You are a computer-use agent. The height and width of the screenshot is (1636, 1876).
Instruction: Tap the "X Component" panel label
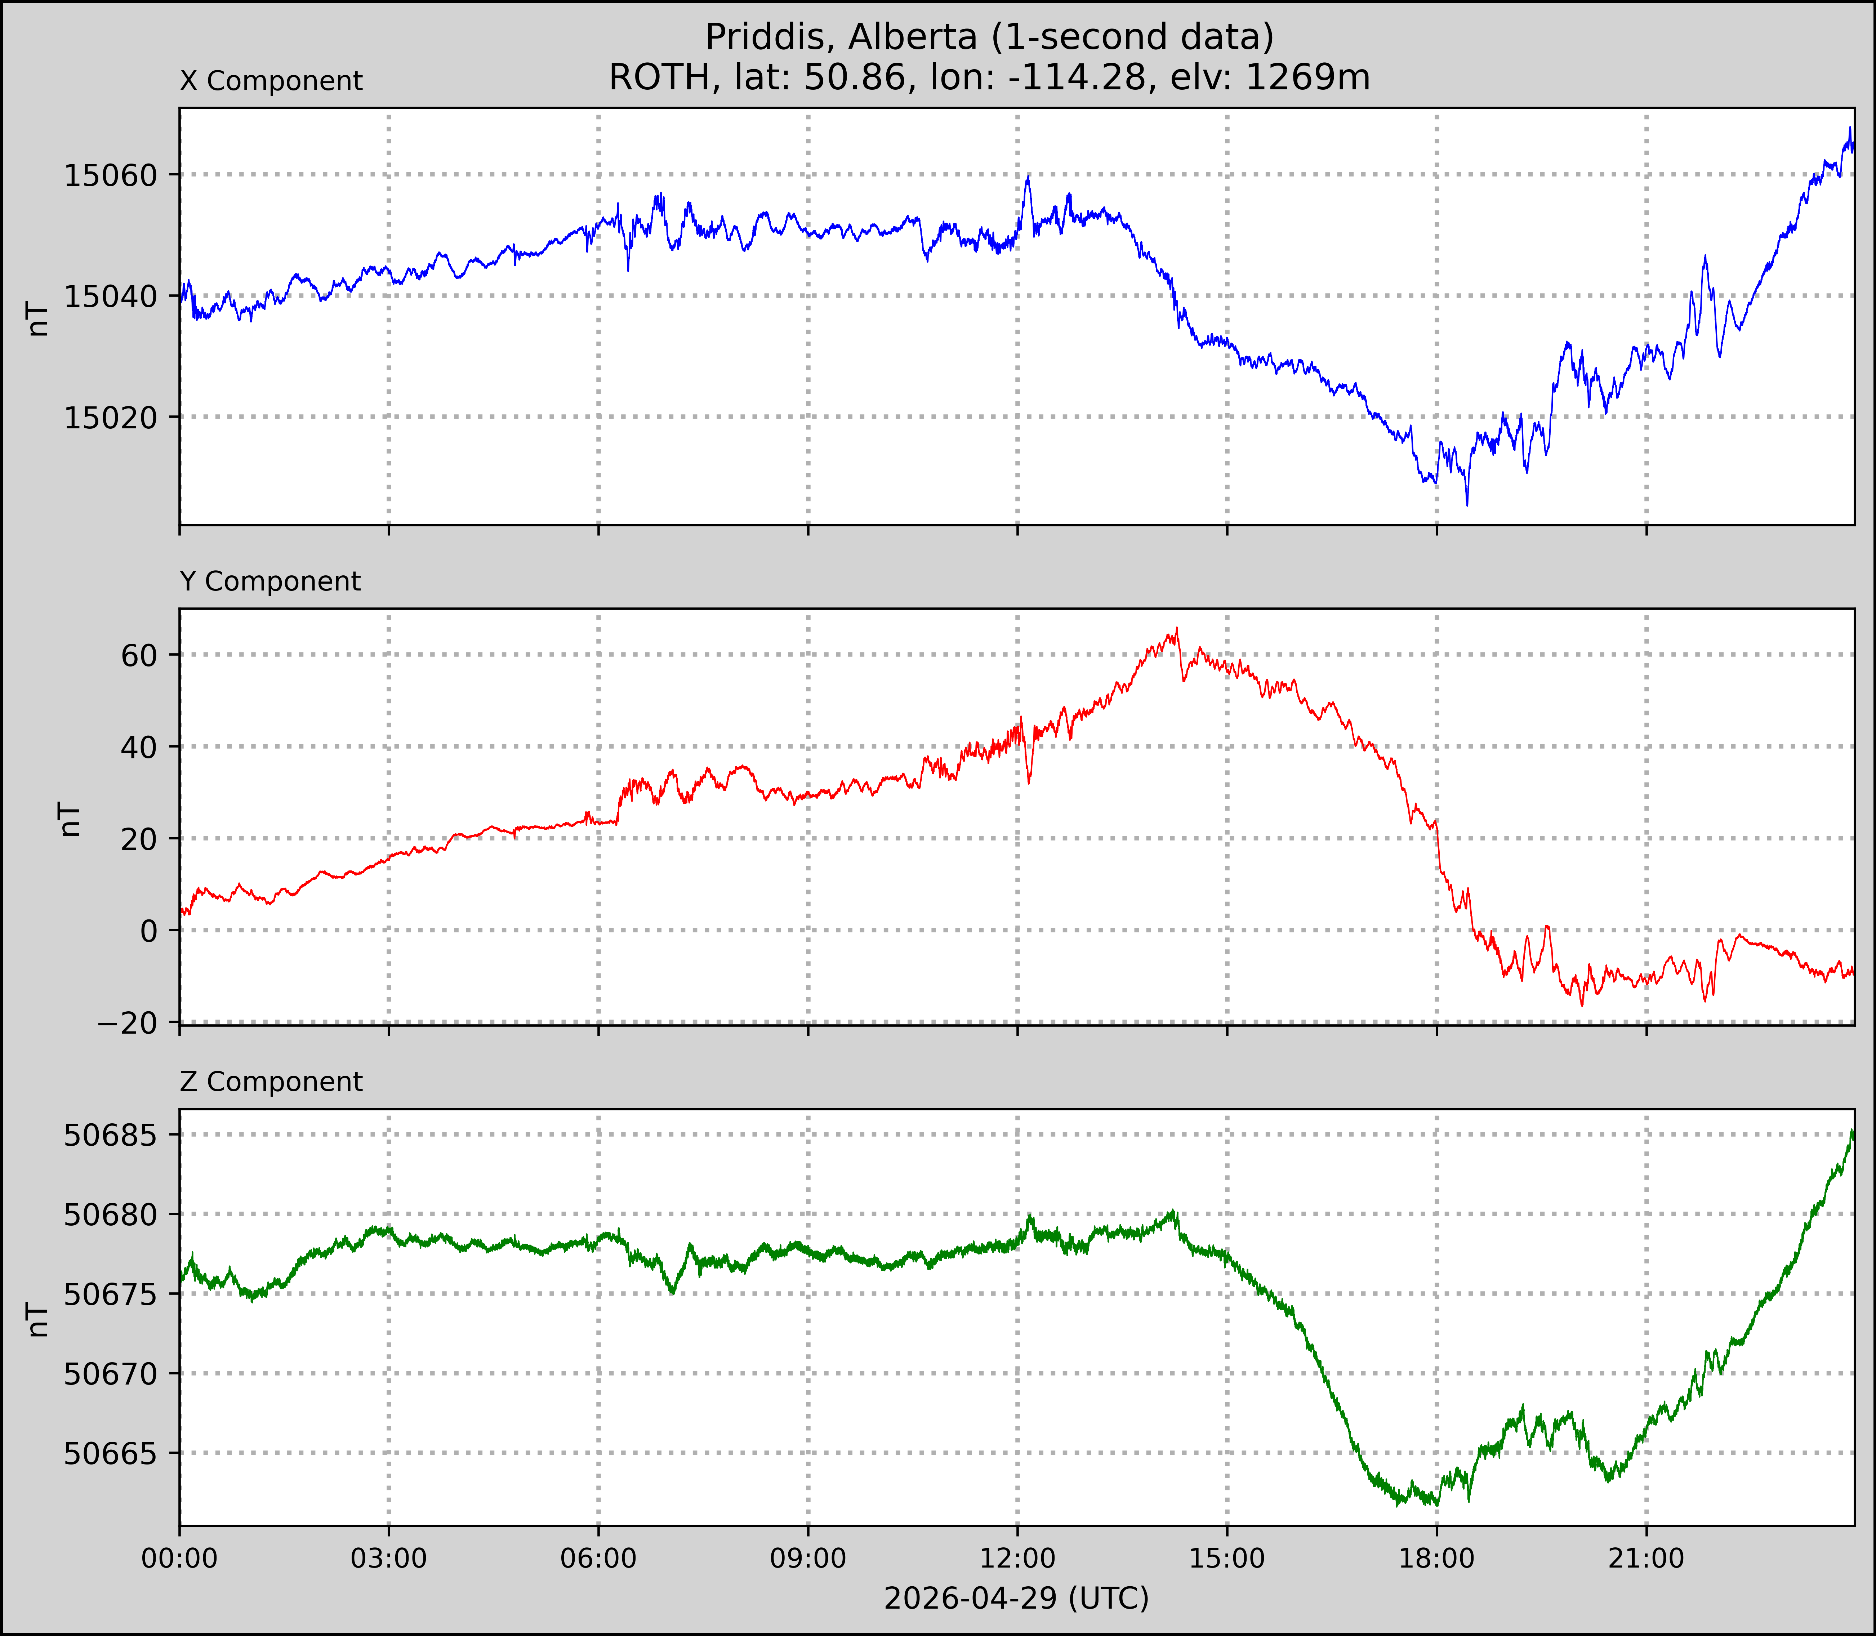tap(271, 81)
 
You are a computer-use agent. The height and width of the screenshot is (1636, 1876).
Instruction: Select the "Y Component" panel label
tap(270, 581)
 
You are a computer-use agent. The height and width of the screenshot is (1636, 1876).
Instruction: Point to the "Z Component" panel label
tap(271, 1082)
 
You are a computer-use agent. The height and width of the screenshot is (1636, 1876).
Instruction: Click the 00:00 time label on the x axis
tap(180, 1559)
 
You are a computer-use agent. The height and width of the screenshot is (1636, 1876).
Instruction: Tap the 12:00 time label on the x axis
tap(1018, 1559)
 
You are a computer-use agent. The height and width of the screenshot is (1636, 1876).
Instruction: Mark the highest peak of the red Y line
tap(1177, 628)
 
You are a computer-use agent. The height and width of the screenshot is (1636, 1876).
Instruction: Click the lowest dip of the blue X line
tap(1467, 504)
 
